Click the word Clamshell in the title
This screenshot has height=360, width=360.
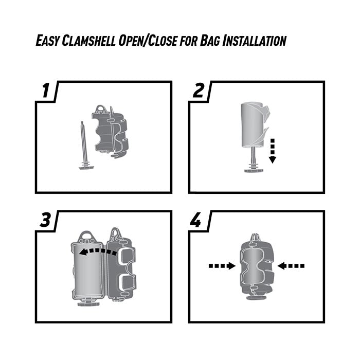pos(92,41)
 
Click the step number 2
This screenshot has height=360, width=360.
pos(199,91)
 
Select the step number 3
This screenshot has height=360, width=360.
pos(45,220)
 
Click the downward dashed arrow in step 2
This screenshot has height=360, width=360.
pos(273,150)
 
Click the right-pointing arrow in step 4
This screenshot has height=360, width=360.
pos(222,266)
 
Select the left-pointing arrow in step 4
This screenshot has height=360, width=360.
pos(291,266)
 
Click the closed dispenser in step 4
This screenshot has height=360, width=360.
pos(256,270)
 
